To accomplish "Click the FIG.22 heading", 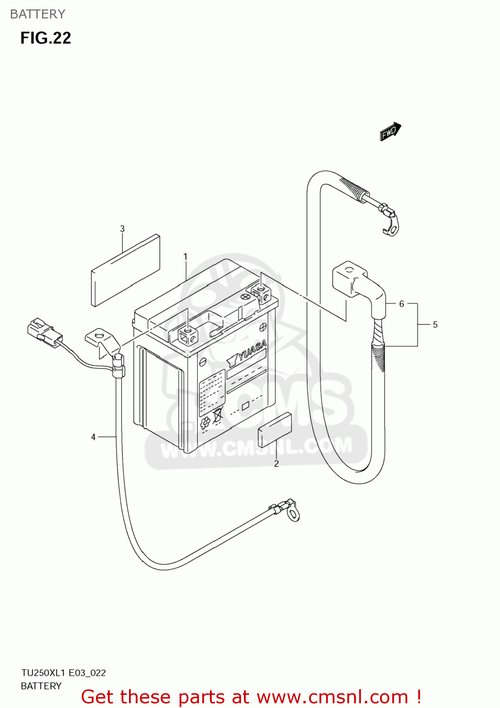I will coord(45,38).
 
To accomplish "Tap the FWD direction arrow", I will coord(390,132).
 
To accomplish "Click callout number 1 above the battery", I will coord(186,257).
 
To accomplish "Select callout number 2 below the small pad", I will coord(276,464).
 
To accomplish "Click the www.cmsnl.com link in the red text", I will coord(333,697).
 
